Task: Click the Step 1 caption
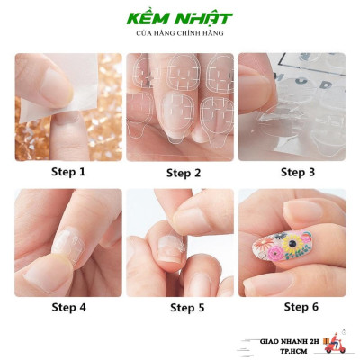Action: tap(68, 172)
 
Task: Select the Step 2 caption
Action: tap(179, 172)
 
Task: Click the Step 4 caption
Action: tap(68, 306)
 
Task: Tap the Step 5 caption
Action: tap(179, 306)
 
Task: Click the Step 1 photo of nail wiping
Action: tap(68, 106)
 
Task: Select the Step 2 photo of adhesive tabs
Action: tap(179, 106)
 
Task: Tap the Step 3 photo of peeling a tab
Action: tap(292, 106)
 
